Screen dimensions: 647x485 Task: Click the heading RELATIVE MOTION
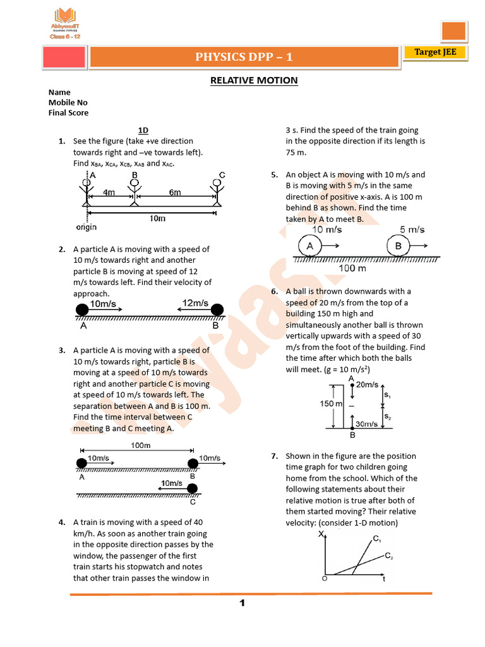[253, 80]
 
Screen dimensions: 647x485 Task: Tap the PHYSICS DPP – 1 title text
[244, 57]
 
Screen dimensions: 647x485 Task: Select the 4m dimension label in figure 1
[109, 192]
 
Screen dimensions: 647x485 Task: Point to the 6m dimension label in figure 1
[175, 192]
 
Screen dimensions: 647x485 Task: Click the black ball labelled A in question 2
[82, 310]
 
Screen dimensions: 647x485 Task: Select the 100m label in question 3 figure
[140, 445]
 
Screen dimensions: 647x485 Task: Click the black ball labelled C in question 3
[193, 488]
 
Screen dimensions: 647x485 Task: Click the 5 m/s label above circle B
[412, 229]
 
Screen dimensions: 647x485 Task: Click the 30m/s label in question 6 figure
[367, 424]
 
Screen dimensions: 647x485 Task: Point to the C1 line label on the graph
[376, 538]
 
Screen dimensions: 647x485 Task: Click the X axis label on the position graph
[321, 535]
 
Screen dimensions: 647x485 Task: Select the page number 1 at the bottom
[242, 603]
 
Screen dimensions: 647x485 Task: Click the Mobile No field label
[68, 102]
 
